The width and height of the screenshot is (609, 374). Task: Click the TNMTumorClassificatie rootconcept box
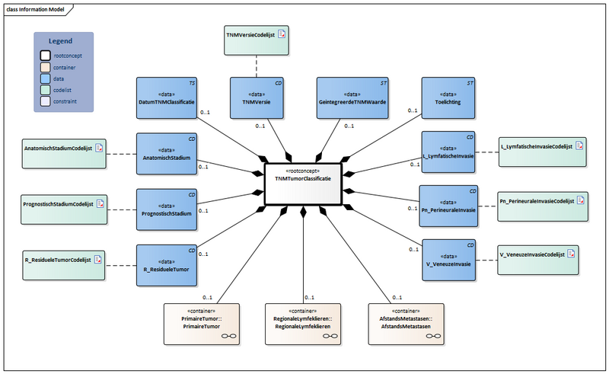pos(304,184)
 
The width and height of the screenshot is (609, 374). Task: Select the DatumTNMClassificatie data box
pos(167,97)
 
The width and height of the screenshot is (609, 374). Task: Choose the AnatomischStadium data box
pos(167,152)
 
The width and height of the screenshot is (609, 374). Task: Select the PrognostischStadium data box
pos(167,208)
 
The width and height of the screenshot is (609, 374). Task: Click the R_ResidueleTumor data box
pos(167,264)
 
